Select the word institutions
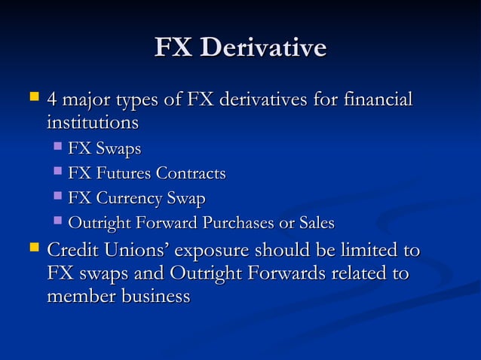(93, 122)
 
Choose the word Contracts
(191, 174)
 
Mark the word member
(80, 296)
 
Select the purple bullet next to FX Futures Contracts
(58, 173)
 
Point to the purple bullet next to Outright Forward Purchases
(58, 223)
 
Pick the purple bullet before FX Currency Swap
(58, 198)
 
